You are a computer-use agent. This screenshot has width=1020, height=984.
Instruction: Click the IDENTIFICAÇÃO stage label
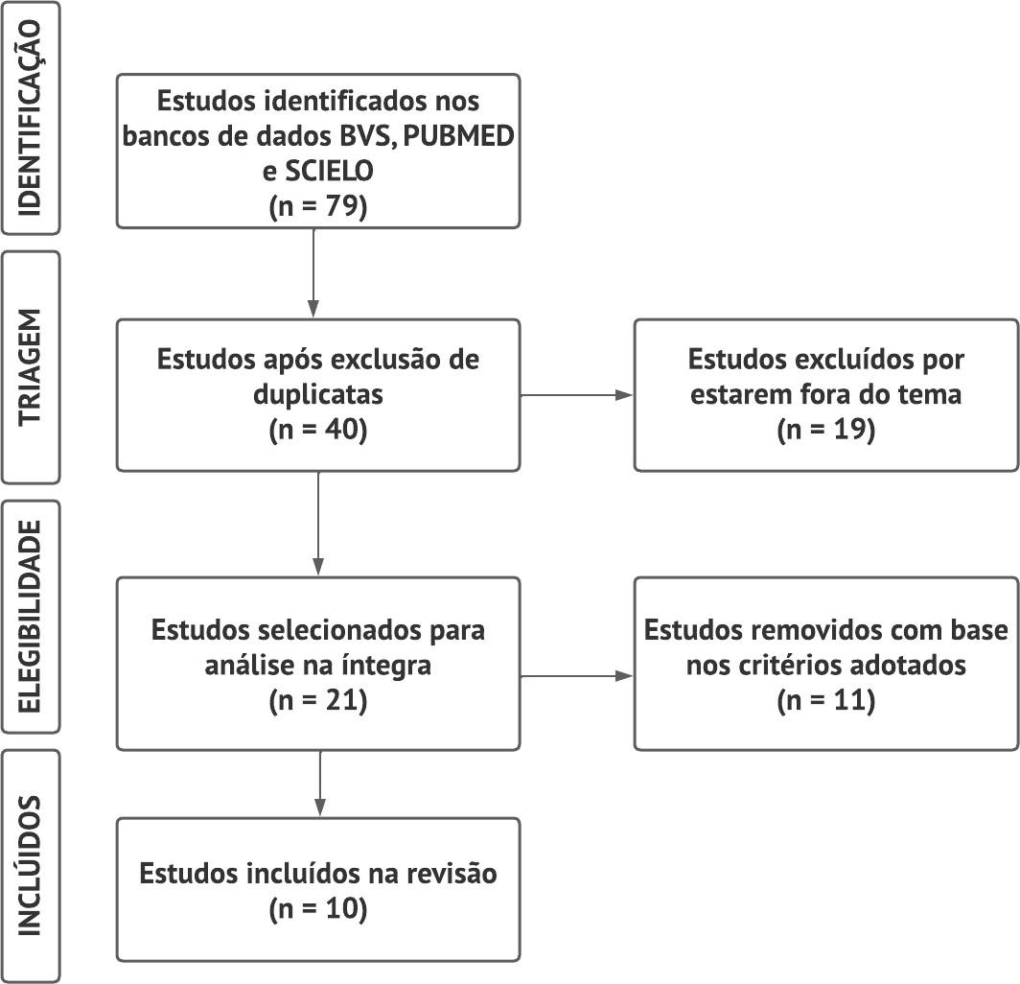(x=30, y=118)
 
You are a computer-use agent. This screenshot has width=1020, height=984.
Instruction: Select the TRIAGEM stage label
(x=30, y=367)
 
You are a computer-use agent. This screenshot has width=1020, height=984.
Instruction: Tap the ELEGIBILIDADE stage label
(x=30, y=617)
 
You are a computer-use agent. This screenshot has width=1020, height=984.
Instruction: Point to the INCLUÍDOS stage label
(x=30, y=866)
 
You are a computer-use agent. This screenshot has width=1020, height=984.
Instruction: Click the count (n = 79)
(x=318, y=206)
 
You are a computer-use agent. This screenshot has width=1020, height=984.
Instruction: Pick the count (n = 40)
(x=318, y=430)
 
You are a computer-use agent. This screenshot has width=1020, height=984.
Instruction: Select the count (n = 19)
(x=826, y=430)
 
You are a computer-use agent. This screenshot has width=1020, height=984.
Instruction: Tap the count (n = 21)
(x=318, y=700)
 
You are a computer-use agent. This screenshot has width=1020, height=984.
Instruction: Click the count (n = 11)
(x=826, y=700)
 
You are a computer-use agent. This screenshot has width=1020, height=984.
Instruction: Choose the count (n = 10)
(x=318, y=908)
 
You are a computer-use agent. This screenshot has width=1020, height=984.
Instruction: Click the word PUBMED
(x=459, y=136)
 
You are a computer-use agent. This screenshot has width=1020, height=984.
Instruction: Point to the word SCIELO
(x=329, y=171)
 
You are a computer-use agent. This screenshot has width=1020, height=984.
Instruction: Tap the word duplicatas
(x=318, y=395)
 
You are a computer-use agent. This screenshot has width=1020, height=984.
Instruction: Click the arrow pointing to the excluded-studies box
(x=577, y=395)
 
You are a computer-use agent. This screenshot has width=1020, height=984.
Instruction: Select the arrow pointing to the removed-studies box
(x=577, y=676)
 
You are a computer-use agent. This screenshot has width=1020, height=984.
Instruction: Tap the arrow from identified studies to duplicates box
(x=313, y=273)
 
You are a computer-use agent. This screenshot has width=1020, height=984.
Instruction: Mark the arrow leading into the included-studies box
(x=320, y=784)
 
